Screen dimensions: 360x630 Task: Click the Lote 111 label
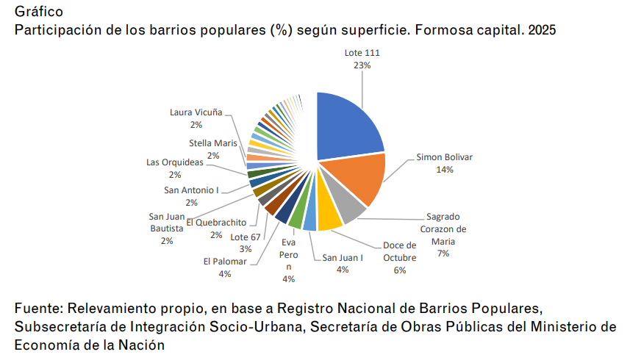[362, 53]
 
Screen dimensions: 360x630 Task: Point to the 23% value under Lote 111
[362, 65]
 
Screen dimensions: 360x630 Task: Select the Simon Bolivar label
[444, 156]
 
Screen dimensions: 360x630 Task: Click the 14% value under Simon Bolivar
[444, 169]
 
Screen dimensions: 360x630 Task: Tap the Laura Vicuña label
[196, 112]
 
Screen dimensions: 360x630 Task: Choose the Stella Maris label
[213, 143]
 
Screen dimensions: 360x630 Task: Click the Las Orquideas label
[175, 162]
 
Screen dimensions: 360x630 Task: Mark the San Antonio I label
[191, 190]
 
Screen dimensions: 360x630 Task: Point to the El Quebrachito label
[215, 223]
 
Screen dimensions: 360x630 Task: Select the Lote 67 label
[246, 237]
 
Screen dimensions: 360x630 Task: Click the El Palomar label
[225, 262]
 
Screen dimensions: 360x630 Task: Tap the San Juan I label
[343, 257]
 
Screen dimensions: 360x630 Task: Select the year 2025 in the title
[542, 30]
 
